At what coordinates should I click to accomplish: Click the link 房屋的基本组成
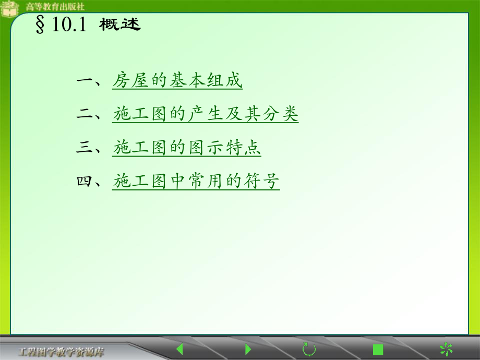(x=177, y=81)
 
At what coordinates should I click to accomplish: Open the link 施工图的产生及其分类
(x=205, y=114)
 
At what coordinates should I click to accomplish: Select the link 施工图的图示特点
(x=187, y=148)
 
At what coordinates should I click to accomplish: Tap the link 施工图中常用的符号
(x=196, y=182)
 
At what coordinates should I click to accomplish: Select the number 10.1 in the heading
(x=68, y=26)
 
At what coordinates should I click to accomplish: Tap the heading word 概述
(x=120, y=26)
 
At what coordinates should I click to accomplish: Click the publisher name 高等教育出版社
(x=55, y=7)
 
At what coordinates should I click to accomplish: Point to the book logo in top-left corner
(x=10, y=9)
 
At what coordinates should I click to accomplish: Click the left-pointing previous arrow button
(x=179, y=349)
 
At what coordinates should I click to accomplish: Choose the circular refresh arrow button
(x=309, y=349)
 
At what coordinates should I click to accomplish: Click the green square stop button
(x=378, y=349)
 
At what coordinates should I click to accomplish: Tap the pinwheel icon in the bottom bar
(x=446, y=349)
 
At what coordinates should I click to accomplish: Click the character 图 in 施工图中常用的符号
(x=159, y=182)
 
